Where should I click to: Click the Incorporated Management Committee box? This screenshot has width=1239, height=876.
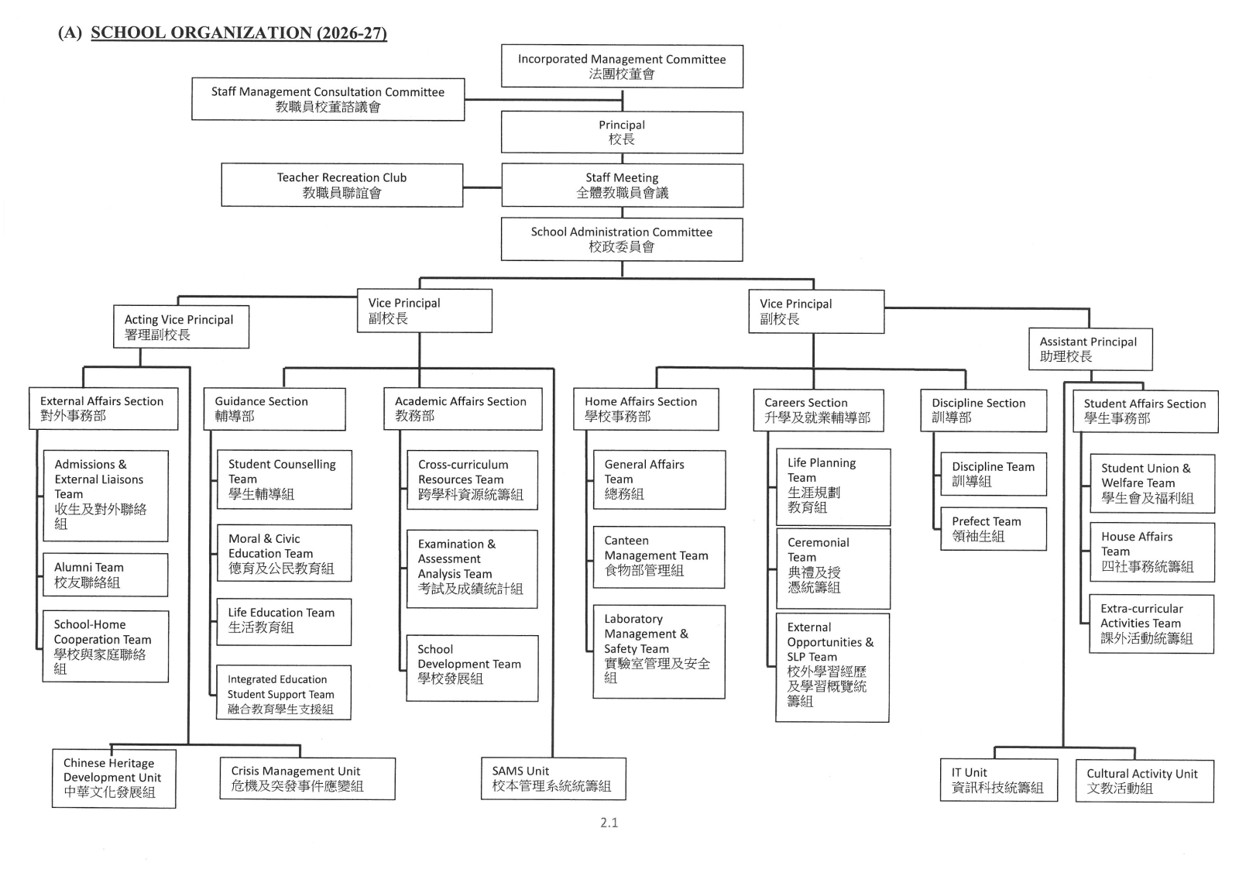pos(622,67)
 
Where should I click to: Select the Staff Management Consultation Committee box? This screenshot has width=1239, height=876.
pos(328,99)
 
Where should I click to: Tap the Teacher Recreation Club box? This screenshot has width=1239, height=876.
pos(341,185)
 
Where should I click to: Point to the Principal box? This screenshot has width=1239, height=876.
pos(622,132)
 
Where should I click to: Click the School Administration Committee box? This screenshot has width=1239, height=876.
pos(622,239)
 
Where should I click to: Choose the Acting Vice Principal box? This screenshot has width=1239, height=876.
pos(181,327)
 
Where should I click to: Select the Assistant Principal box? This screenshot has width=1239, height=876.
pos(1090,349)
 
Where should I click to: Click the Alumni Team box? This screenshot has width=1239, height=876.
pos(105,575)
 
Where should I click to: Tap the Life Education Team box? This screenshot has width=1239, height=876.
pos(283,621)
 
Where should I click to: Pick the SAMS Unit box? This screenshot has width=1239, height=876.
pos(553,778)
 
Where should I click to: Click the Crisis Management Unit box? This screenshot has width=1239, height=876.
pos(307,778)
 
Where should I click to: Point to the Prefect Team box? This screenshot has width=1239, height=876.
pos(994,528)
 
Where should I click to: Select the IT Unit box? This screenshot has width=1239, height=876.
pos(998,780)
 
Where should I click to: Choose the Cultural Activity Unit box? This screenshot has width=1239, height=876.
pos(1145,781)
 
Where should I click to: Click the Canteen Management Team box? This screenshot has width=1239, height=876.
pos(659,557)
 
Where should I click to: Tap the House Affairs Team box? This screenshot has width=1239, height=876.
pos(1152,551)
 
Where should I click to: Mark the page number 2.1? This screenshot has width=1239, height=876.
pos(609,823)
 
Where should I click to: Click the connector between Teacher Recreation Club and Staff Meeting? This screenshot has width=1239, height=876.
pos(482,187)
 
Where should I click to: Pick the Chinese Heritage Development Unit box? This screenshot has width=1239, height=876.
pos(114,778)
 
